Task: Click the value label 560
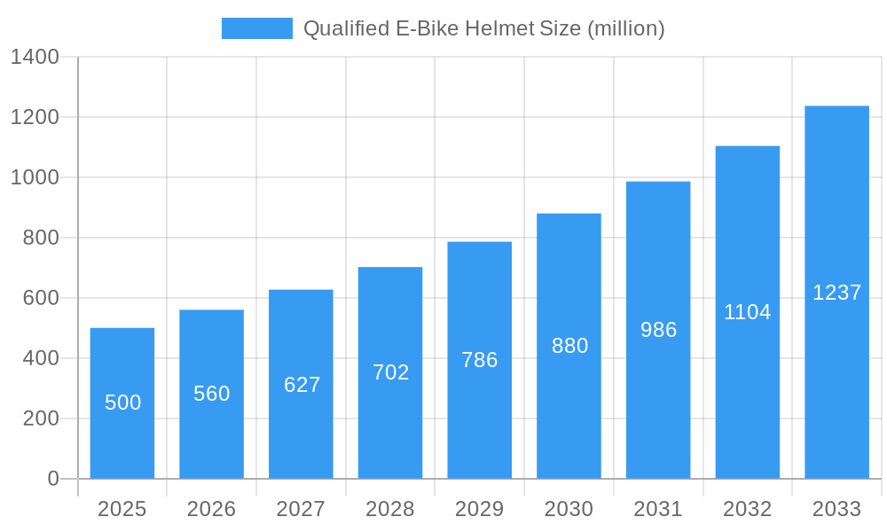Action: point(212,394)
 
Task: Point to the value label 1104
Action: point(748,312)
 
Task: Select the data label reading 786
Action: point(480,360)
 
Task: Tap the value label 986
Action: point(659,330)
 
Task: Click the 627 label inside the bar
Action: point(302,385)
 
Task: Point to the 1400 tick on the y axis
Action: point(35,58)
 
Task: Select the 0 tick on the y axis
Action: point(53,479)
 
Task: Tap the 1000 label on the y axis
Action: point(35,178)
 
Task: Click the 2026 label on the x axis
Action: point(212,510)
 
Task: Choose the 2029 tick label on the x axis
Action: point(480,510)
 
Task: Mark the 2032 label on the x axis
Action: point(748,510)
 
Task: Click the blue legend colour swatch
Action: point(257,28)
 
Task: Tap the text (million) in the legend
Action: point(625,28)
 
